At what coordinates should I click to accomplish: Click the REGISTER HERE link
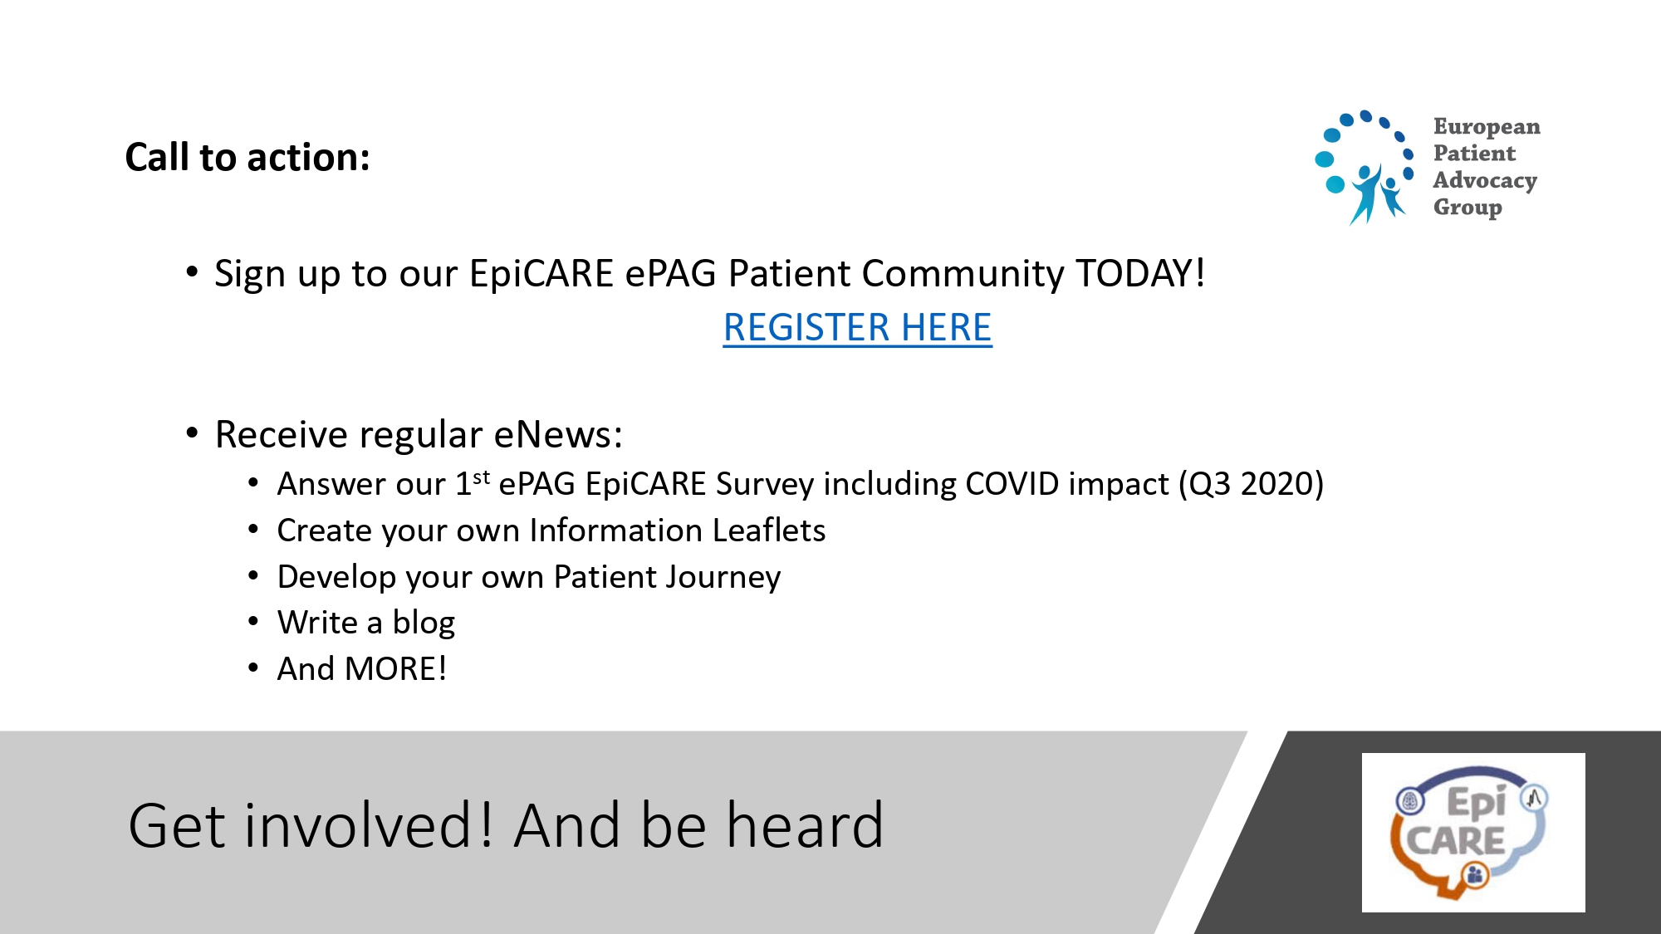[x=857, y=327]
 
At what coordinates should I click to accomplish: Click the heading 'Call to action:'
[x=247, y=157]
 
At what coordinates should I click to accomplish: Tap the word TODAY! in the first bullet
[x=1140, y=273]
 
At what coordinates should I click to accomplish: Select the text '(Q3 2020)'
[x=1252, y=484]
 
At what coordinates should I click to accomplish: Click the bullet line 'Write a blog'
[x=366, y=623]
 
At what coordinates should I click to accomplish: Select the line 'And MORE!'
[x=362, y=669]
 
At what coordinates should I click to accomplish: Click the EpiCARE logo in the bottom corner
[x=1473, y=833]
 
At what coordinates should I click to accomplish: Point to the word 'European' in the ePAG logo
[x=1487, y=126]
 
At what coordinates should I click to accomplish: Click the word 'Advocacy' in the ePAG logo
[x=1485, y=180]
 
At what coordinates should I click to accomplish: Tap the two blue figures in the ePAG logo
[x=1378, y=194]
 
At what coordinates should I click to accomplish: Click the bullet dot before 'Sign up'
[x=192, y=271]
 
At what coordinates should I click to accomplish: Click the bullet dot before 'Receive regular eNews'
[x=192, y=433]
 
